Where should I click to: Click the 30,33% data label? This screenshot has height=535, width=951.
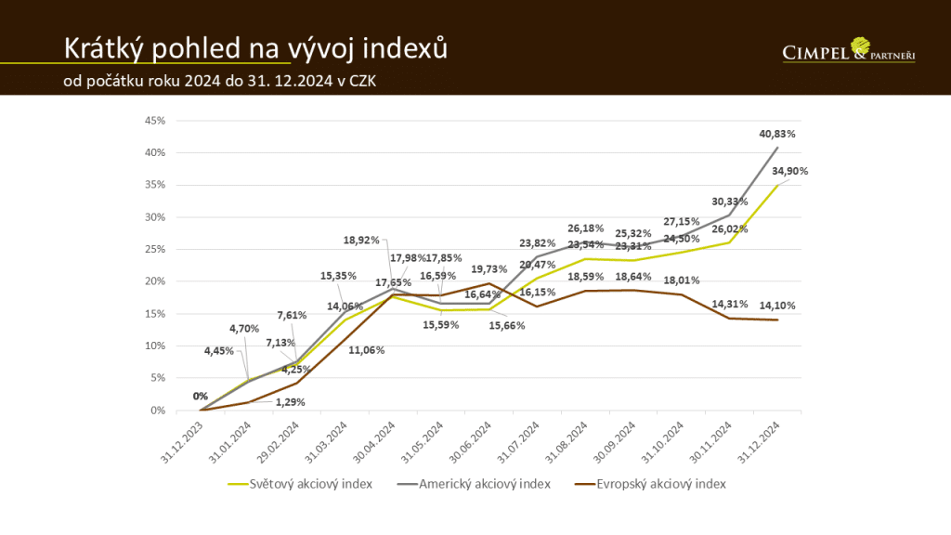(730, 202)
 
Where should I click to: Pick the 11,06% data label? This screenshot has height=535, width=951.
(340, 351)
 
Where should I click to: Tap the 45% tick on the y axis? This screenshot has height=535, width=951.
(154, 120)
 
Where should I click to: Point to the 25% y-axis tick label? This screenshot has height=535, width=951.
(154, 249)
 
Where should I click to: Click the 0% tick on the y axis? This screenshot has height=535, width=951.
(158, 410)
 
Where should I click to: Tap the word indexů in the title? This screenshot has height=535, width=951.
(406, 47)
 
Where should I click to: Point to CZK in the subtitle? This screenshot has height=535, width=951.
(360, 81)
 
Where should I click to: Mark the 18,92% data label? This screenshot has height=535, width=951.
(361, 240)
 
